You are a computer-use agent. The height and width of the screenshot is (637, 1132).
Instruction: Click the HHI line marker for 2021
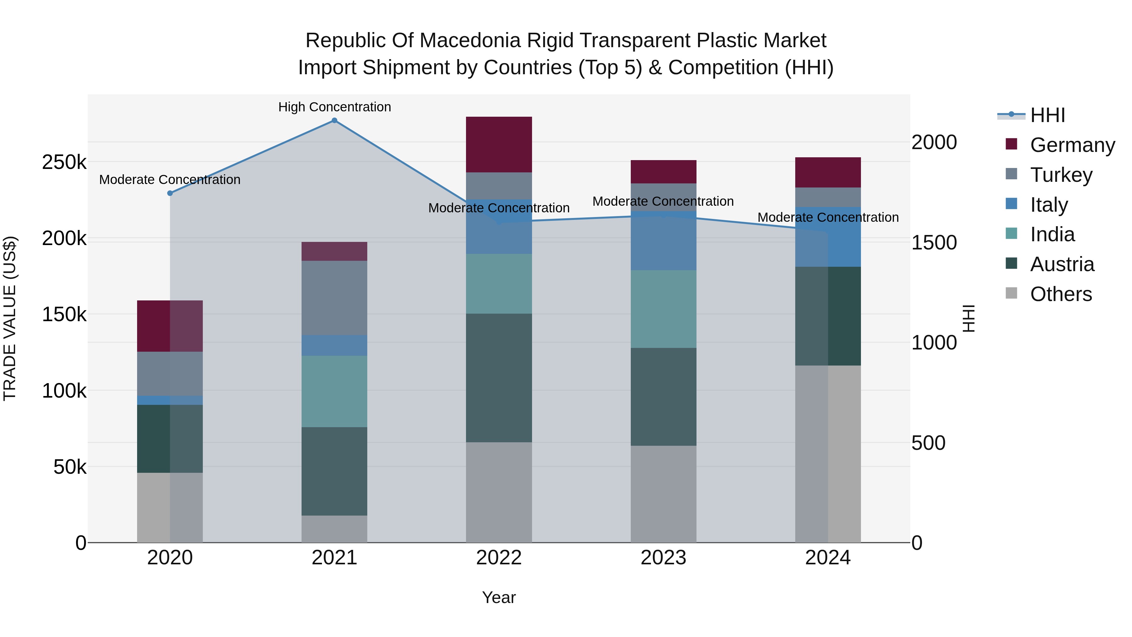(335, 120)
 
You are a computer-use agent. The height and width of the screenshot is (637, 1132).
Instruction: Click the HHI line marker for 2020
(170, 193)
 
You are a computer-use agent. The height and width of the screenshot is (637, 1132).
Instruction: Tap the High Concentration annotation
(335, 107)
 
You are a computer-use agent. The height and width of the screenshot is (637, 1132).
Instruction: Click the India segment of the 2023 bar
(663, 309)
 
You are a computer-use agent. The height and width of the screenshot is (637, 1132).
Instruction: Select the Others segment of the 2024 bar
(828, 453)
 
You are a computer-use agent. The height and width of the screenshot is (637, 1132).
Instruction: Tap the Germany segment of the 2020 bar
(170, 326)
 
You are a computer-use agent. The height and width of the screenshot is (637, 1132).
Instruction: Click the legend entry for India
(1052, 234)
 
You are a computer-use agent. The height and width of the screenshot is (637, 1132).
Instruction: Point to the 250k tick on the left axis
(64, 162)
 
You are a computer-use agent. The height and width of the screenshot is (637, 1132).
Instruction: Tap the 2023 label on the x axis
(663, 558)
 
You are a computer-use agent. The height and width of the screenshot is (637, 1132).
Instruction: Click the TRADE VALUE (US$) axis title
(10, 318)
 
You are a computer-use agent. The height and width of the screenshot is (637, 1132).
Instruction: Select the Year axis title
(499, 597)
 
